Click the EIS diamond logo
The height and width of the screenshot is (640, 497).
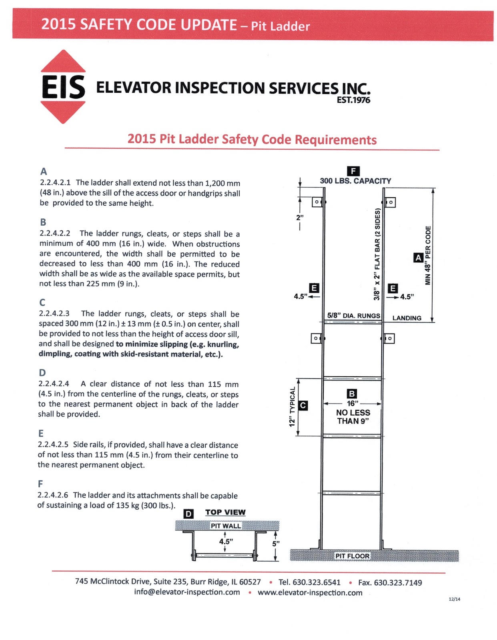[63, 87]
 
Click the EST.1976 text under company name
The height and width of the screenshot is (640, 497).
[353, 100]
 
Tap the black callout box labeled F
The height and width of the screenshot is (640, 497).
[353, 171]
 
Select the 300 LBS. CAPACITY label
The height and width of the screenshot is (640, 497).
[355, 181]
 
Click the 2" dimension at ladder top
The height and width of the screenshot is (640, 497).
[300, 218]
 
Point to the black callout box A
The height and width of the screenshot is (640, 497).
[418, 258]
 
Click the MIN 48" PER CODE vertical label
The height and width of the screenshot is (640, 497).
[428, 255]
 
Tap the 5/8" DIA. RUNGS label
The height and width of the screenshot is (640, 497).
[353, 316]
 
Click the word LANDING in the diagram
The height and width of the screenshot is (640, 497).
[407, 318]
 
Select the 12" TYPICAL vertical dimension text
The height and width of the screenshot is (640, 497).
[292, 406]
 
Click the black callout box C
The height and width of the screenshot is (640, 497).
[303, 406]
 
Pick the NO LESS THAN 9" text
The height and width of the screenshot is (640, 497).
[353, 417]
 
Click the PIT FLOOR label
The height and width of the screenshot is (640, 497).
[352, 556]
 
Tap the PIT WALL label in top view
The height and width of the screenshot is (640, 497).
[226, 526]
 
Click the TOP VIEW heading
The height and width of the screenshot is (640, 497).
[225, 512]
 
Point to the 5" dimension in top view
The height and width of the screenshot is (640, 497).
[276, 544]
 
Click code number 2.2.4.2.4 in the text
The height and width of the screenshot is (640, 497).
[54, 384]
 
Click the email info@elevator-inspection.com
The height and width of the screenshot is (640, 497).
[187, 592]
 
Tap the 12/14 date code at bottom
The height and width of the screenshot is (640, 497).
[454, 599]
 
